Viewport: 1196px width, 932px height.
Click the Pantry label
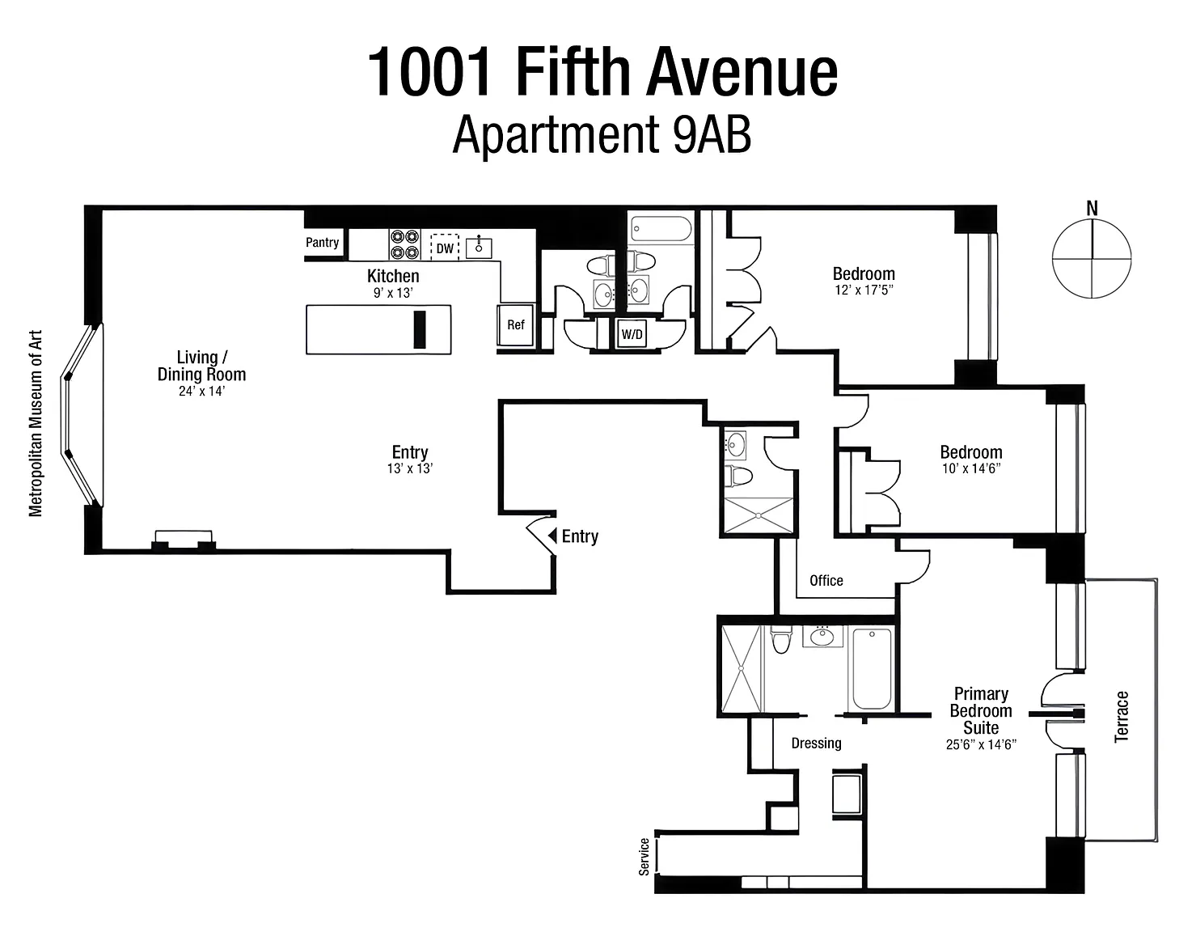coord(322,242)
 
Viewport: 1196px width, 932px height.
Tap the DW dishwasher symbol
coord(444,248)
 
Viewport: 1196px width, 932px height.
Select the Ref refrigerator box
coord(516,324)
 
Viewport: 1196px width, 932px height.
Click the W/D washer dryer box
coord(632,334)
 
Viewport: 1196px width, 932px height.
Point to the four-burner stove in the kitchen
coord(404,244)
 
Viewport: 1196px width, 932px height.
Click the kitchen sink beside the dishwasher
coord(479,248)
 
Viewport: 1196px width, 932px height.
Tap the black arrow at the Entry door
coord(552,535)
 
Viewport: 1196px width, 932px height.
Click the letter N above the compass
coord(1092,208)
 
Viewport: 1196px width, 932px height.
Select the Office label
coord(826,580)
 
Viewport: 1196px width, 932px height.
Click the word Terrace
coord(1121,716)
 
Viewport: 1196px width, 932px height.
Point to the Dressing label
coord(816,743)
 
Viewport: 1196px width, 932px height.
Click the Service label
coord(644,857)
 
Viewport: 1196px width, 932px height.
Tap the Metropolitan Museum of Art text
coord(36,423)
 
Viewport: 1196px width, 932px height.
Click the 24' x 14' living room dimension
coord(201,391)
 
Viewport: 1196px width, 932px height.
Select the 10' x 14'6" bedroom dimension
coord(971,468)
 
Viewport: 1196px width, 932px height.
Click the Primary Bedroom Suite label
coord(981,710)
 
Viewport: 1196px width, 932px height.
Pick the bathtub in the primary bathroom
coord(872,669)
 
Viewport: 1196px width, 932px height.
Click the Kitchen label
coord(393,276)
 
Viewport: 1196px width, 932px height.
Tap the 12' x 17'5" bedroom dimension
coord(864,290)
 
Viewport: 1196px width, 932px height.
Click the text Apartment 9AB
coord(602,135)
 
